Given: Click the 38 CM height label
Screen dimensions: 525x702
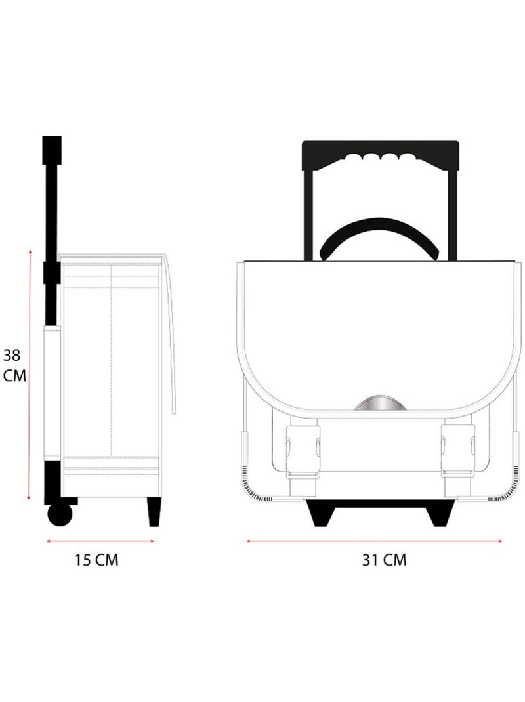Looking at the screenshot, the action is tap(14, 365).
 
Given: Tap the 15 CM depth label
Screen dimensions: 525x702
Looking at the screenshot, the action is tap(96, 560).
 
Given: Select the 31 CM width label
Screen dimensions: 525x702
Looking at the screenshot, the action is tap(385, 560).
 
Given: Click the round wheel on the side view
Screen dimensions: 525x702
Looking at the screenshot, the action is tap(60, 514).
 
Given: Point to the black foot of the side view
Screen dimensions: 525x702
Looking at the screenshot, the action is tap(154, 512).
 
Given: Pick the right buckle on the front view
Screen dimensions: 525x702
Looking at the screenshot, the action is tap(458, 450).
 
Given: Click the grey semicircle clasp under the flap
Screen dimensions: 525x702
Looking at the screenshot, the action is tap(381, 403).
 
